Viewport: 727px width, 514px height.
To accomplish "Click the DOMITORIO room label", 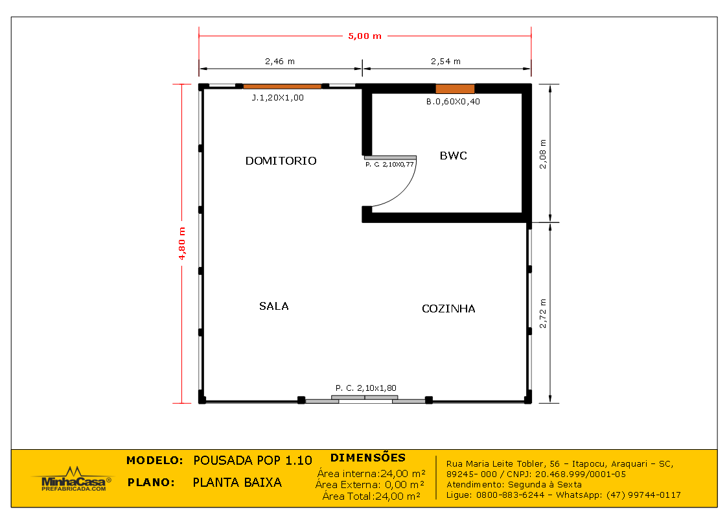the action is click(281, 161).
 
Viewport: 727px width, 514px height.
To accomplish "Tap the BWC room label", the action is click(454, 156).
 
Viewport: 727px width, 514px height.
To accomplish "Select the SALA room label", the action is click(274, 306).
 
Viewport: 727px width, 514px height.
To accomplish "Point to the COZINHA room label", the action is click(448, 309).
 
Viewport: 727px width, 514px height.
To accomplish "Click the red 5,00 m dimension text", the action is click(365, 36).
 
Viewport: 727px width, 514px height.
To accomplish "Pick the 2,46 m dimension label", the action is click(280, 61).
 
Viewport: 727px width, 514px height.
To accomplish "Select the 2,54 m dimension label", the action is click(446, 61).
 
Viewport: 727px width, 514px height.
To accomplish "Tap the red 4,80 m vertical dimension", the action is click(181, 244).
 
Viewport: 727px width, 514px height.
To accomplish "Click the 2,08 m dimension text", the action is click(543, 154).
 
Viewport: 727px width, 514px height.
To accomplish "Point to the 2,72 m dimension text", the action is click(543, 314).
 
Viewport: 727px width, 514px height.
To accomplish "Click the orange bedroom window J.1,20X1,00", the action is click(283, 86).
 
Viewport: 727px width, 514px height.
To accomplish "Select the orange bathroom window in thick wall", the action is click(455, 89).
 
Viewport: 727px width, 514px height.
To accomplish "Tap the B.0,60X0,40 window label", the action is click(453, 102).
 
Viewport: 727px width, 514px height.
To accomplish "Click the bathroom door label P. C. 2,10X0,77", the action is click(389, 164).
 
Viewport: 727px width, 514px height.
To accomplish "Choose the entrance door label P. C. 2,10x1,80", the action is click(366, 388).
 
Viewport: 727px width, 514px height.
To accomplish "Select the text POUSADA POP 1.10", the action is click(253, 461).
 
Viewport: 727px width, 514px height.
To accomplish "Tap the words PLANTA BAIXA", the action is click(237, 482).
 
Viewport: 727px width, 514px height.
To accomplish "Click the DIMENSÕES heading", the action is click(368, 458).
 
